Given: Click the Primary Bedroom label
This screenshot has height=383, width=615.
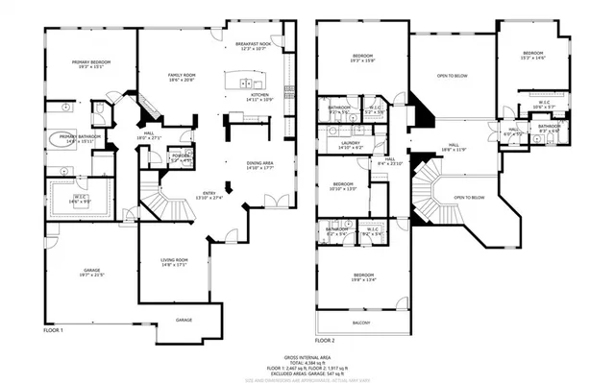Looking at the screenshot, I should tap(91, 63).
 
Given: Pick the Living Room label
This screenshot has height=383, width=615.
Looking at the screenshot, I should tap(174, 261).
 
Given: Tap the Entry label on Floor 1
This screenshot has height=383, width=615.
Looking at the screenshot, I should tap(215, 194).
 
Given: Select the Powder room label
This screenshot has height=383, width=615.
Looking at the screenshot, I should tap(181, 156).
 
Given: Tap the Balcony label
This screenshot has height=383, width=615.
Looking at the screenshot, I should tap(361, 323).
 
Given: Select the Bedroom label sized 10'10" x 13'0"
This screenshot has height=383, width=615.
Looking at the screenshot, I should tap(344, 185).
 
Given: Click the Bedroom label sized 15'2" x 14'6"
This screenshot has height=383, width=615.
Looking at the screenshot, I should tap(533, 55).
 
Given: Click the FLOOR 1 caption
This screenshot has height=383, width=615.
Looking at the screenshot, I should tap(53, 330).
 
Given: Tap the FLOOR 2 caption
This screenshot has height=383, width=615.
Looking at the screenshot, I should tap(325, 341).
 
